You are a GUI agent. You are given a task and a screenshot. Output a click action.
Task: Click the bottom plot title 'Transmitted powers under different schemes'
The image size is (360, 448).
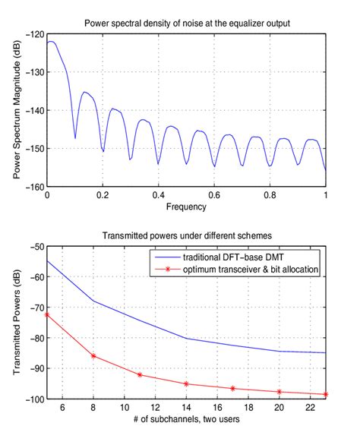(x=186, y=235)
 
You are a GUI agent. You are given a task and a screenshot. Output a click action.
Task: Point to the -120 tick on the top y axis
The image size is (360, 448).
(x=33, y=34)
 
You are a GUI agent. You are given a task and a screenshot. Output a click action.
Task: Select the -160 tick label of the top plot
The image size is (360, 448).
(x=33, y=186)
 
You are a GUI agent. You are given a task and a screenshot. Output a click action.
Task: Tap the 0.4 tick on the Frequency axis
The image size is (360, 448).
(x=158, y=195)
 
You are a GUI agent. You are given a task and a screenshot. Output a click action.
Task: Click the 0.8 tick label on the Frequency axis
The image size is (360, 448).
(x=270, y=195)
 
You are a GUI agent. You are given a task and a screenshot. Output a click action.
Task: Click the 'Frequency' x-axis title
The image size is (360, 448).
(x=186, y=206)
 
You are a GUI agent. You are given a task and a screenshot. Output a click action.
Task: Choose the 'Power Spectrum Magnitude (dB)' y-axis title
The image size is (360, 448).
(x=17, y=110)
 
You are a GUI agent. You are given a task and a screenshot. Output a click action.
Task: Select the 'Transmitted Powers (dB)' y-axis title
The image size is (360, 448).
(x=17, y=323)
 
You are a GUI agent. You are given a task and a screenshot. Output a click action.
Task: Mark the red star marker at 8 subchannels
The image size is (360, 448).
(x=93, y=356)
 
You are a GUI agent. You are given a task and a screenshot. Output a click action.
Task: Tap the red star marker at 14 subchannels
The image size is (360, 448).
(x=186, y=383)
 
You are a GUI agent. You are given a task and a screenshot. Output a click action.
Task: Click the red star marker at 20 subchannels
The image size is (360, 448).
(x=279, y=392)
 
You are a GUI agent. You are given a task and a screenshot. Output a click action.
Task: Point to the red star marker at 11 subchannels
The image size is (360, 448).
(x=140, y=374)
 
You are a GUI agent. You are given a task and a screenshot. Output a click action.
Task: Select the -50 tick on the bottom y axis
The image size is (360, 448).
(x=33, y=247)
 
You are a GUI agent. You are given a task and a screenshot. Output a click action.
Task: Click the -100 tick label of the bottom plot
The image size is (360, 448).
(x=31, y=399)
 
